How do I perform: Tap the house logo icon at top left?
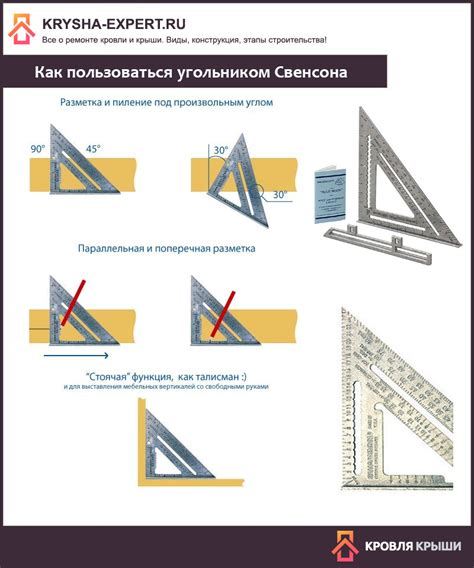click(21, 31)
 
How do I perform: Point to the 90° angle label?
click(38, 149)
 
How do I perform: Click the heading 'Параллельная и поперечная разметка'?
click(167, 248)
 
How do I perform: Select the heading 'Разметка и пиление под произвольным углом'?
click(166, 103)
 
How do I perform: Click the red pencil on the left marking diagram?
click(76, 304)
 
